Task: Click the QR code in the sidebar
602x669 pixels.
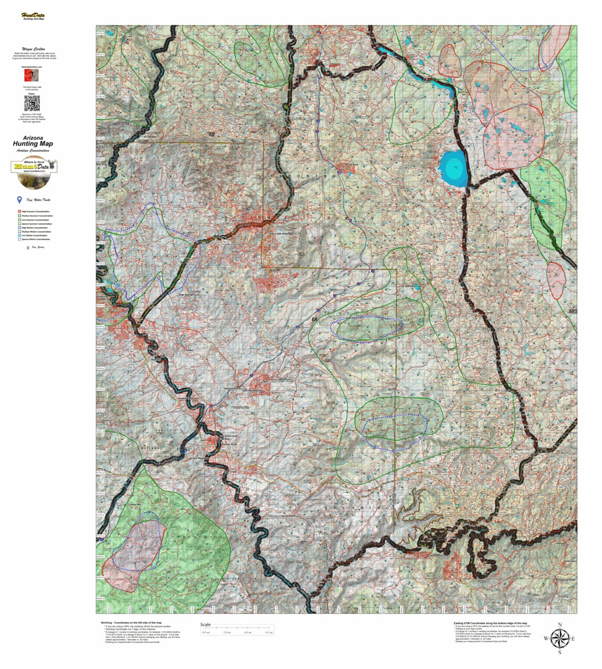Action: click(x=32, y=103)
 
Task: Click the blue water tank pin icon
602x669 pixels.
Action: click(x=20, y=200)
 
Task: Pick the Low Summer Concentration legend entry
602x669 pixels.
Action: click(x=34, y=220)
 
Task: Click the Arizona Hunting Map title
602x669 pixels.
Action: click(x=33, y=141)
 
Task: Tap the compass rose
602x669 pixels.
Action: click(x=559, y=638)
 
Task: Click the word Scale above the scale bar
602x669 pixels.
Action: click(x=205, y=625)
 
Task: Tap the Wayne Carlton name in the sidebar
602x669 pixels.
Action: click(x=33, y=48)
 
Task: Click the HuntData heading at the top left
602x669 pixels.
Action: click(x=33, y=15)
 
